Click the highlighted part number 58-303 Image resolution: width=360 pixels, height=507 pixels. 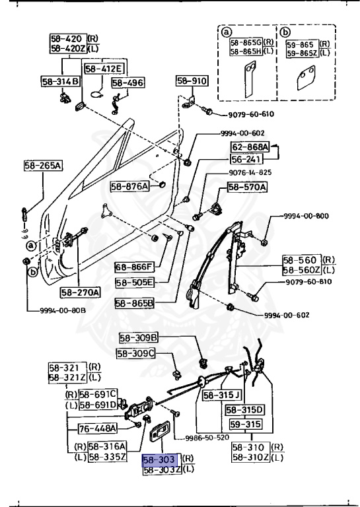click(160, 459)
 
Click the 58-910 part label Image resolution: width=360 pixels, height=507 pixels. click(192, 81)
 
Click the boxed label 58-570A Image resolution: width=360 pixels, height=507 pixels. click(247, 187)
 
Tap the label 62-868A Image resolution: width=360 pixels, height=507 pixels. click(250, 147)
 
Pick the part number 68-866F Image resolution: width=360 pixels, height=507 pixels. click(134, 267)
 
